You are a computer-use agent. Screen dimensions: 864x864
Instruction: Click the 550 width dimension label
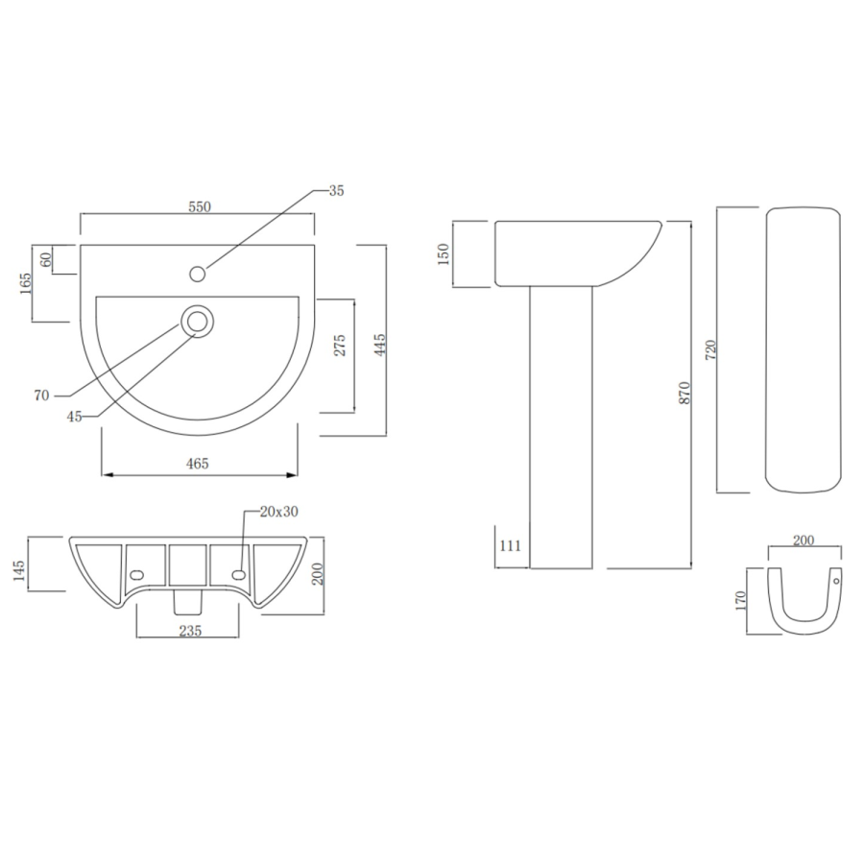click(199, 206)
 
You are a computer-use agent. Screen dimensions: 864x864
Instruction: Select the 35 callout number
click(336, 190)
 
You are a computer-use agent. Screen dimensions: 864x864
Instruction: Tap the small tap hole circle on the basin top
click(198, 274)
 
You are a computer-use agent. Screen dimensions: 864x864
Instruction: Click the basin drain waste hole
click(199, 322)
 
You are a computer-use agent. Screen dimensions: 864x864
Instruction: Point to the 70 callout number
click(41, 395)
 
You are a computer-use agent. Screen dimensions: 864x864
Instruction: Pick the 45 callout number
click(75, 415)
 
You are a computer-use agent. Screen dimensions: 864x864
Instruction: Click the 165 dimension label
click(26, 285)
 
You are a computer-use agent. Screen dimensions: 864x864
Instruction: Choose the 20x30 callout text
click(279, 511)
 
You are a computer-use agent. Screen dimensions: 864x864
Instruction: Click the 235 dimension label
click(188, 631)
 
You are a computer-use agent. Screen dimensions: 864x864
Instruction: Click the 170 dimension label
click(739, 601)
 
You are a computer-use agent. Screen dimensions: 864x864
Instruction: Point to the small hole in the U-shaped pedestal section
click(835, 581)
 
